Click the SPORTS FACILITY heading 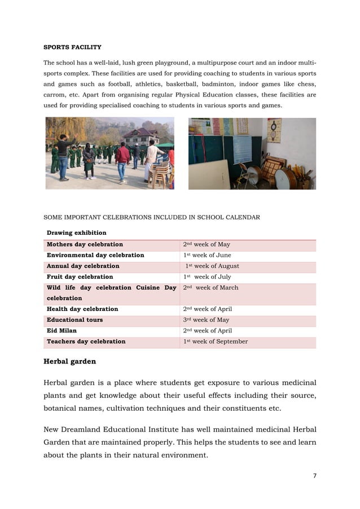tap(72, 47)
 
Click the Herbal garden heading tap(69, 361)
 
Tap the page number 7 tap(314, 476)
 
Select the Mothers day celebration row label tap(85, 244)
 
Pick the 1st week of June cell tap(207, 255)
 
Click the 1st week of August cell tap(212, 266)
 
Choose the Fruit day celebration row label tap(80, 277)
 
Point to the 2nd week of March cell tap(210, 288)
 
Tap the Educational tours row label tap(74, 320)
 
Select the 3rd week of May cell tap(206, 320)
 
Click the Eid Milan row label tap(62, 331)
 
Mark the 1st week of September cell tap(215, 341)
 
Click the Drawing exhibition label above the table tap(76, 232)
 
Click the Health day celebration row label tap(82, 309)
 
